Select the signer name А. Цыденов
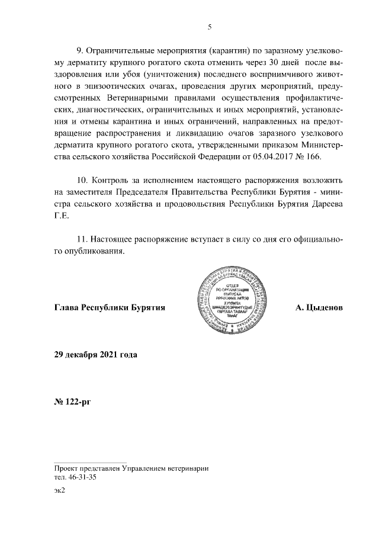(x=319, y=309)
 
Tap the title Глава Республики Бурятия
(x=109, y=309)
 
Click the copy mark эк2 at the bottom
(x=59, y=491)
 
